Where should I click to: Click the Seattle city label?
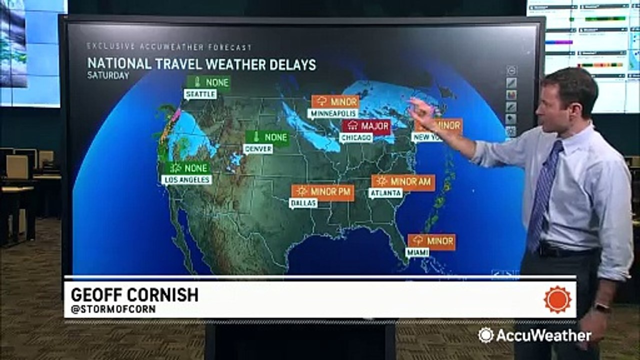tap(200, 94)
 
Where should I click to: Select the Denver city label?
tap(258, 148)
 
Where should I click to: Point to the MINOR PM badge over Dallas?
tap(323, 192)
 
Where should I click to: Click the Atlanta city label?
tap(385, 193)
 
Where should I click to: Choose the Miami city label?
tap(417, 252)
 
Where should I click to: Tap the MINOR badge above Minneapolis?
tap(335, 101)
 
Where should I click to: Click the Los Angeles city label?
tap(187, 179)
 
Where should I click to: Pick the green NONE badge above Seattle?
tap(208, 82)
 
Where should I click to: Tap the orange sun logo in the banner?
tap(557, 299)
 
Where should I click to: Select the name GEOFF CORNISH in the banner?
tap(134, 294)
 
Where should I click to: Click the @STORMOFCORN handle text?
tap(113, 309)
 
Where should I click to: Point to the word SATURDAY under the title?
tap(108, 75)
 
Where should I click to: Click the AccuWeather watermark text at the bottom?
tap(540, 335)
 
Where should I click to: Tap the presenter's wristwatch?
tap(602, 307)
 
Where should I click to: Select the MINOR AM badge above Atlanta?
tap(403, 182)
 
